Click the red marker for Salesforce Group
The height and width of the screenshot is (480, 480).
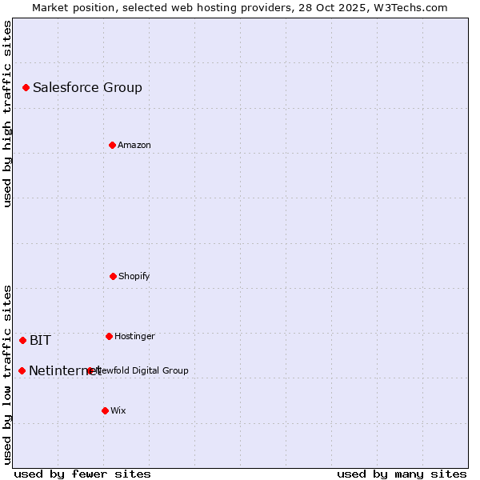click(26, 87)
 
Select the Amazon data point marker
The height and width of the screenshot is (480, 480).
click(112, 145)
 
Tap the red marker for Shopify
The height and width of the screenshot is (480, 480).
click(113, 276)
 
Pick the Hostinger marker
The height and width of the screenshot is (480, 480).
click(109, 336)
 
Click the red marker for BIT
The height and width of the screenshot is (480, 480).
click(22, 340)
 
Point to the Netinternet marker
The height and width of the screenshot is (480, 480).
click(22, 370)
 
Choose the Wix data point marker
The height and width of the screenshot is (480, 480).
click(105, 410)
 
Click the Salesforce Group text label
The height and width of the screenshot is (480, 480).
click(87, 88)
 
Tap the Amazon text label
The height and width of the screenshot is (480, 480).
click(134, 146)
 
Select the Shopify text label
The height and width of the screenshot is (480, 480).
click(134, 277)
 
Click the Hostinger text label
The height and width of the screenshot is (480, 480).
click(134, 337)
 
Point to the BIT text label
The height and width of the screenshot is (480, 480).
click(40, 341)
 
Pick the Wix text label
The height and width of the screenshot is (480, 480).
click(118, 411)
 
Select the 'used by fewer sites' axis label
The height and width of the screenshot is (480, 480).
click(82, 474)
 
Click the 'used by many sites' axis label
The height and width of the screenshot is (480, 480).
click(402, 474)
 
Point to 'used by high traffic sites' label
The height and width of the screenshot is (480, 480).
click(7, 114)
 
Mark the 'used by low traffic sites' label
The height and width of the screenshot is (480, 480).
click(7, 374)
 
